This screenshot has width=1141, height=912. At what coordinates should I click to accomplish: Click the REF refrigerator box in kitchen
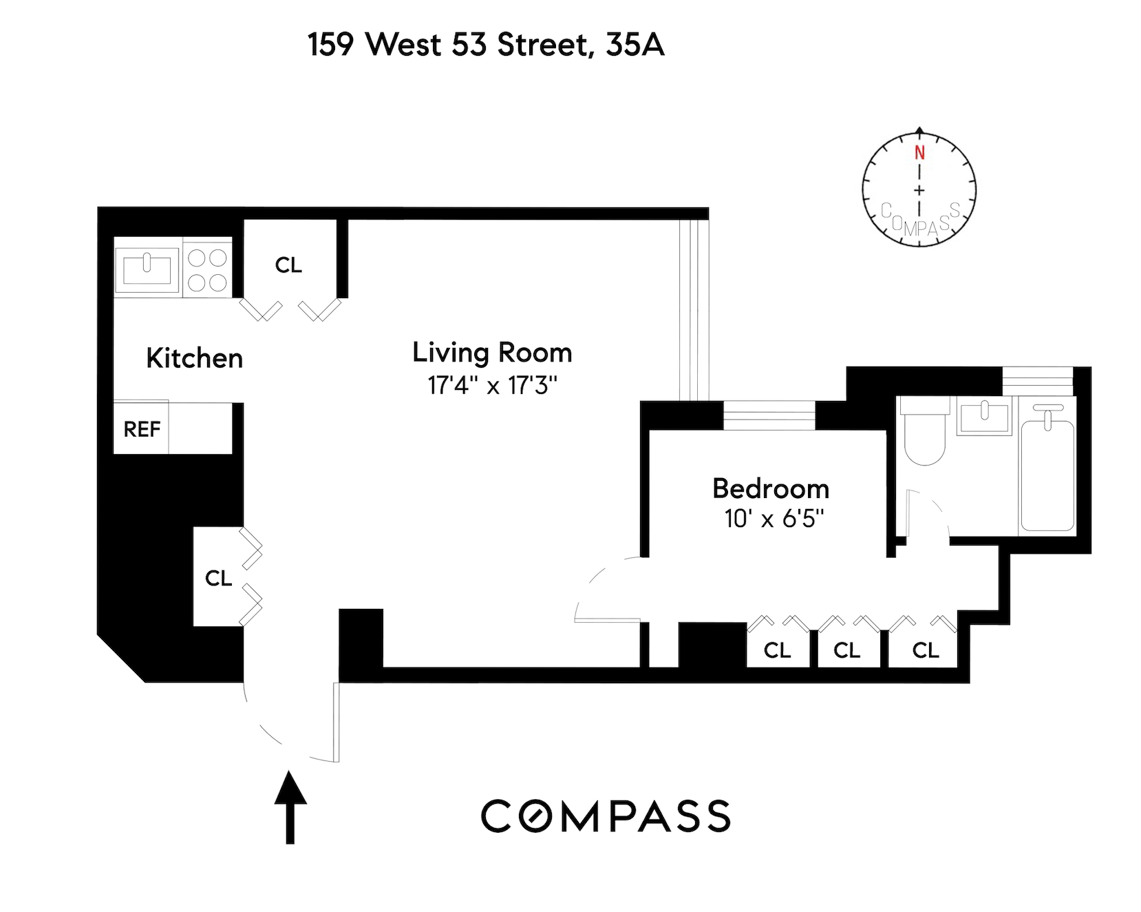click(x=141, y=428)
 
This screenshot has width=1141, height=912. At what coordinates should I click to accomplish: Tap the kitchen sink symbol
click(x=147, y=267)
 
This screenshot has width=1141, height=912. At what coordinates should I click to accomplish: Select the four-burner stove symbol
click(x=207, y=269)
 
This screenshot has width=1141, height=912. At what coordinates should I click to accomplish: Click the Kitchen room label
click(x=194, y=358)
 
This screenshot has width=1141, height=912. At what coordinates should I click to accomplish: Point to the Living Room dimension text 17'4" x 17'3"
click(x=491, y=385)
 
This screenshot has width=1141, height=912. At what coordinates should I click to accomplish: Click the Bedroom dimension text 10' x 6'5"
click(x=774, y=518)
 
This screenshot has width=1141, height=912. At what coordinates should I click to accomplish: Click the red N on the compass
click(x=919, y=154)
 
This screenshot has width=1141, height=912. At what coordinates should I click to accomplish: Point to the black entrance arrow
click(x=290, y=806)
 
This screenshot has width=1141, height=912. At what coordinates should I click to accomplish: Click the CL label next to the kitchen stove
click(x=288, y=265)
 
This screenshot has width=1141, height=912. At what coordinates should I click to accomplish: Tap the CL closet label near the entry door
click(x=218, y=578)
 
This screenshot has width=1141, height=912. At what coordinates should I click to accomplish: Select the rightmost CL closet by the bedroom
click(x=925, y=650)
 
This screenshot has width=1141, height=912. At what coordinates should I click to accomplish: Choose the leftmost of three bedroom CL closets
click(x=777, y=650)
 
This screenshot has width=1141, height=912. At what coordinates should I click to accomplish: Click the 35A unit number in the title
click(x=635, y=45)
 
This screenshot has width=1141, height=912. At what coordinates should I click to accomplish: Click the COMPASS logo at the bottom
click(x=605, y=817)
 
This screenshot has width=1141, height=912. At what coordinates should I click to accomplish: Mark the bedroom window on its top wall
click(x=769, y=415)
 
